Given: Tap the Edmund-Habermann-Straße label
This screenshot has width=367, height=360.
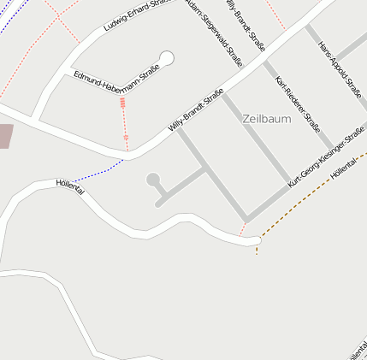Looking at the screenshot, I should pyautogui.click(x=117, y=82).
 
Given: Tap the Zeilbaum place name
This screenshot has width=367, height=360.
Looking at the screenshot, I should pyautogui.click(x=266, y=119).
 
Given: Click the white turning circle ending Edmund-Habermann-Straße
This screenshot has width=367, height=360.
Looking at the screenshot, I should pyautogui.click(x=167, y=58).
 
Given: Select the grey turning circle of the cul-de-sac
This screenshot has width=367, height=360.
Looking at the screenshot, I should pyautogui.click(x=154, y=180).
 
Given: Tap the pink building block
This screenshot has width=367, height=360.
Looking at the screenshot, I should pyautogui.click(x=5, y=136).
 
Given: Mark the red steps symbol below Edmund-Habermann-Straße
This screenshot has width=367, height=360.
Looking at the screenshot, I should pyautogui.click(x=123, y=103).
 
